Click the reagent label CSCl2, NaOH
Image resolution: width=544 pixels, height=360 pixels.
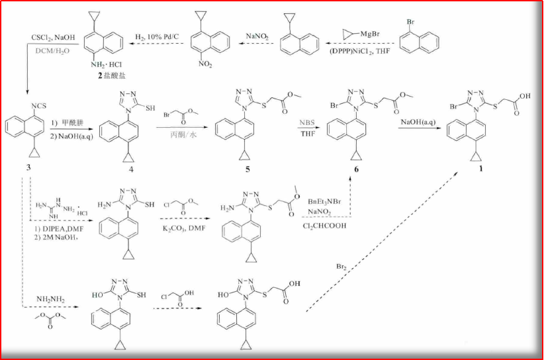53,38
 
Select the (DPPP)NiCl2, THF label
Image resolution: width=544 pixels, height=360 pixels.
359,51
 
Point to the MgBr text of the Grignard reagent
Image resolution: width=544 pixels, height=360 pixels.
370,34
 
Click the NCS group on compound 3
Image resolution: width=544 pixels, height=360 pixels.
38,105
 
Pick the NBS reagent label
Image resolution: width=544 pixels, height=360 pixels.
307,122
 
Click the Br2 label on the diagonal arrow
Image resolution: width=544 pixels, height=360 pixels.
341,267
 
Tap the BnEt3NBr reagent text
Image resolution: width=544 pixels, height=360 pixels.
324,202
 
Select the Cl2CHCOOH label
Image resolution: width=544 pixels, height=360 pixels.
324,226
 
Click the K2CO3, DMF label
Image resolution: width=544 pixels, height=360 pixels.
184,228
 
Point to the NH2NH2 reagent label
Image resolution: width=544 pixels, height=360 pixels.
50,299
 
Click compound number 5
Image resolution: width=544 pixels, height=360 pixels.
248,169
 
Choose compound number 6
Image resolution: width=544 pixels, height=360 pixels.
356,169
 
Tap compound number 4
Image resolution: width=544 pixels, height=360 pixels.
131,169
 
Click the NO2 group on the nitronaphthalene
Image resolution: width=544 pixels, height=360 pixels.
205,64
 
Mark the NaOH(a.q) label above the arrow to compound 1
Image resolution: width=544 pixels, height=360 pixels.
418,122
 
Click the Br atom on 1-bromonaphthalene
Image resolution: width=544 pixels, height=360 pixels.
410,22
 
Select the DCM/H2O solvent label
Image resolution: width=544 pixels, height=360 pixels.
52,51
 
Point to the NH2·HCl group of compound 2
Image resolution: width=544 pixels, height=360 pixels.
107,65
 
